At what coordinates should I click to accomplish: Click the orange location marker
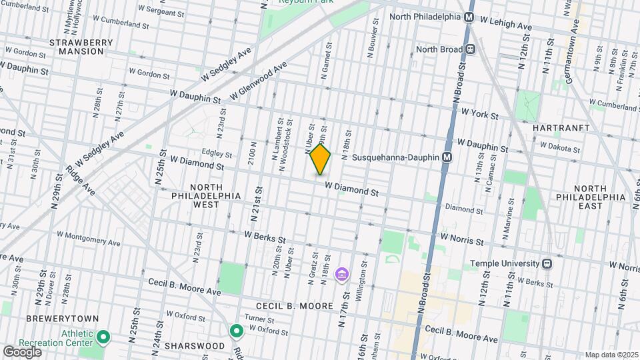pos(320,160)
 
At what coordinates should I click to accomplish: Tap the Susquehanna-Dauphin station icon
pos(447,157)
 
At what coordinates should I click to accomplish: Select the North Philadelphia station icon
pos(470,17)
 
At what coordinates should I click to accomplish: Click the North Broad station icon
pos(470,49)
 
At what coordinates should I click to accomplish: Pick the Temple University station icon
pos(547,263)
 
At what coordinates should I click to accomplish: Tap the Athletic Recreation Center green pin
pos(103,337)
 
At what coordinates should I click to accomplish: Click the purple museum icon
pos(342,273)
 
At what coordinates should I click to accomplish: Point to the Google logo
pos(22,351)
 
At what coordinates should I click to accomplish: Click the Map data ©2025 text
pos(611,355)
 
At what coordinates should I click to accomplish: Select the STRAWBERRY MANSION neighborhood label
pos(81,47)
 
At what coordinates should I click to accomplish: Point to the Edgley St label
pos(211,153)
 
